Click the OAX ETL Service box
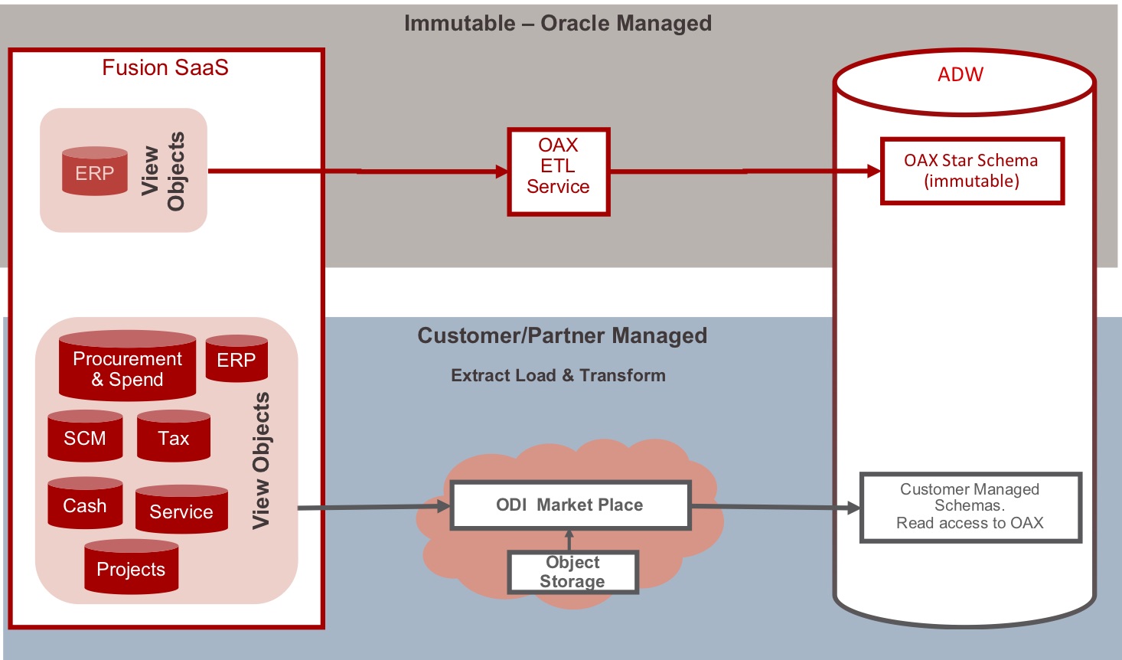[558, 172]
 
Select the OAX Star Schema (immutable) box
[972, 171]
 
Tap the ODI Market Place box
[570, 505]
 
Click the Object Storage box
[572, 572]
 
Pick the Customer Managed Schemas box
[970, 507]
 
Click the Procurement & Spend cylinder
[127, 367]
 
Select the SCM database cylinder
[85, 437]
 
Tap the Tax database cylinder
[174, 437]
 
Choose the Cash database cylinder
[85, 505]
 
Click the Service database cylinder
[181, 510]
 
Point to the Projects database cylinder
[131, 568]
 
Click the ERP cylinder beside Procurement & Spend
[236, 359]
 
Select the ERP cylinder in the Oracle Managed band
[95, 172]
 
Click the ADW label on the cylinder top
[961, 75]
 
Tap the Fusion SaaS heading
[165, 68]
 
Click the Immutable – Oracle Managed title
[558, 24]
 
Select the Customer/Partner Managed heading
[563, 336]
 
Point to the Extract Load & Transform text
[558, 376]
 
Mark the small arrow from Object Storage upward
[569, 539]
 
